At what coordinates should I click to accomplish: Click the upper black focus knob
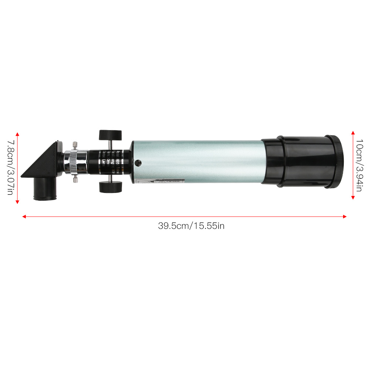(x=111, y=134)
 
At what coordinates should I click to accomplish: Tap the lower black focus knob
(x=111, y=187)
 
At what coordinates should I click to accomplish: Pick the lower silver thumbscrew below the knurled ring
(x=75, y=179)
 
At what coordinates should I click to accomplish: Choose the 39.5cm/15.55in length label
(x=191, y=225)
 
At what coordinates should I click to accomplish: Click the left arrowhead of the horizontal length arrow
(x=24, y=217)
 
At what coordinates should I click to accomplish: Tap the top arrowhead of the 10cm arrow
(x=353, y=132)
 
